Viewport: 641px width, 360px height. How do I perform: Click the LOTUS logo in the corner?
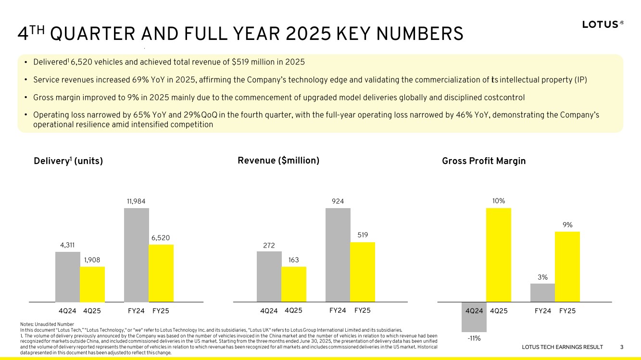tap(603, 25)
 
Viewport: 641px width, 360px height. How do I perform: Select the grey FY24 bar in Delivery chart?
tap(137, 255)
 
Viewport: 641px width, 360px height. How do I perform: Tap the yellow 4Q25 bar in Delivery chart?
tap(92, 284)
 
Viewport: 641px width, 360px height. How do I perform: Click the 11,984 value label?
tap(136, 201)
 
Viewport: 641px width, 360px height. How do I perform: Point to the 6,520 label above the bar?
tap(161, 238)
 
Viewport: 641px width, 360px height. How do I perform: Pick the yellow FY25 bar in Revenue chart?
tap(363, 272)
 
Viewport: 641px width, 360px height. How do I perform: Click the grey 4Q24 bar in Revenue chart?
tap(269, 277)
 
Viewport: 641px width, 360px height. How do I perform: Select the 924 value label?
tap(338, 201)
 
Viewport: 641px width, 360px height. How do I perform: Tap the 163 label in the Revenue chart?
tap(294, 260)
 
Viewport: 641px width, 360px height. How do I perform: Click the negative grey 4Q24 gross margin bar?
tap(474, 317)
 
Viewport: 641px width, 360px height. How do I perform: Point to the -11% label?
tap(474, 338)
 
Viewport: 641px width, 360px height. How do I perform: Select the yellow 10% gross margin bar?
tap(499, 255)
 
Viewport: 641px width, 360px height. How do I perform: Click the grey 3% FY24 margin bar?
tap(543, 293)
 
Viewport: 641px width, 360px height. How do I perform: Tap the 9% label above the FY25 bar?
tap(567, 225)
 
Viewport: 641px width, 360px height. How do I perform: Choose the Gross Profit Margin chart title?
tap(484, 161)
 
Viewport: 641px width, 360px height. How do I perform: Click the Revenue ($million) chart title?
tap(278, 161)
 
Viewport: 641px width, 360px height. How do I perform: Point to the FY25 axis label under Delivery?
tap(161, 311)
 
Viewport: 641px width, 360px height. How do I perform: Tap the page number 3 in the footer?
tap(622, 347)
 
